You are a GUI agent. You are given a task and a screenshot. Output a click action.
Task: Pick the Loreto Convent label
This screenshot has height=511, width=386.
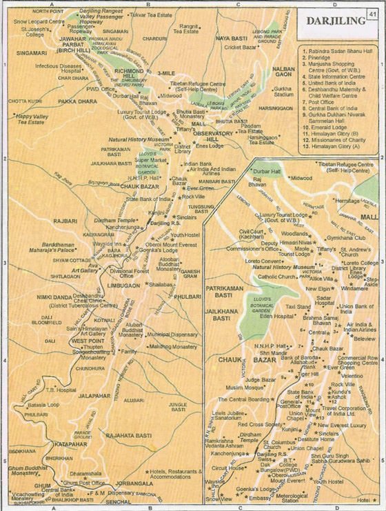click(263, 262)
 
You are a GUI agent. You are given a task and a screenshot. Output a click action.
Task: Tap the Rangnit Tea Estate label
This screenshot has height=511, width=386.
click(186, 28)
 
